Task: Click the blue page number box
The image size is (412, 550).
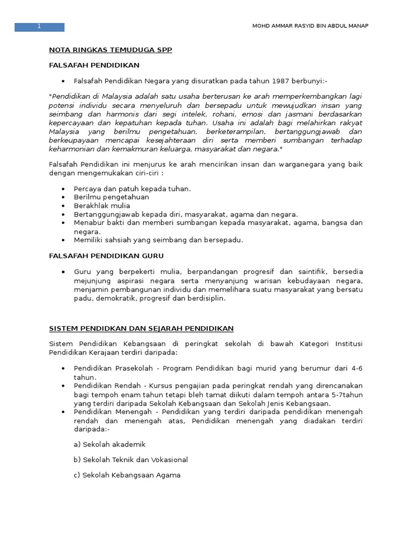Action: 39,27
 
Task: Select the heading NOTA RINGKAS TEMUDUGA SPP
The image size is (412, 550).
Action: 111,49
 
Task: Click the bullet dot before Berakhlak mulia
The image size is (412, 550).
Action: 63,206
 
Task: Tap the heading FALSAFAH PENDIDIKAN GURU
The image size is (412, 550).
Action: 106,256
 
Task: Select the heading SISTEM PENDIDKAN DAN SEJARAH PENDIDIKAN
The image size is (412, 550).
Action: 141,328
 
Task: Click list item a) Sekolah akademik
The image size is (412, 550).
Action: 109,444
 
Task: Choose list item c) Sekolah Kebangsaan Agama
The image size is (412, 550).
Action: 127,475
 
